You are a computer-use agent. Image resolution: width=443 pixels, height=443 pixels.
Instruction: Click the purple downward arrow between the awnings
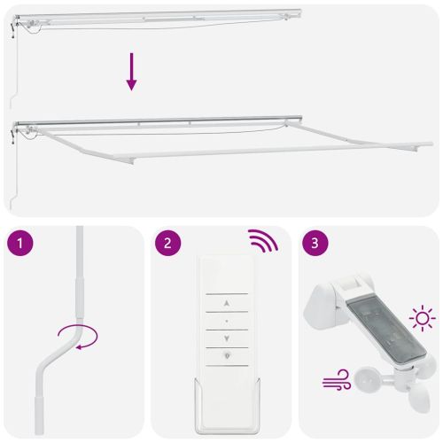(x=131, y=72)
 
